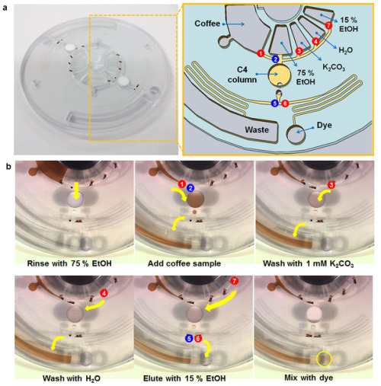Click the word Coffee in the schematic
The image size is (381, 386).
coord(207,24)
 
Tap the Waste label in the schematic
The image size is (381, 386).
coord(257,130)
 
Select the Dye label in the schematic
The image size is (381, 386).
coord(325,125)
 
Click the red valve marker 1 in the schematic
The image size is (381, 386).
coord(261,53)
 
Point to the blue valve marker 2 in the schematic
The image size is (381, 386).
coord(275,59)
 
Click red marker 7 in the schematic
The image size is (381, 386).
coord(328,25)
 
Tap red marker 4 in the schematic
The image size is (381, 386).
coord(315,41)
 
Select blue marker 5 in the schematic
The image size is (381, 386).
coord(274,104)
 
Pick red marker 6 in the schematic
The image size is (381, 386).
coord(285,104)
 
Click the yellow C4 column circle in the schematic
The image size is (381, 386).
coord(279,75)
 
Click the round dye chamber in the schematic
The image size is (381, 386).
coord(296,135)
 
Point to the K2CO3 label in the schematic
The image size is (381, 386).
coord(334,67)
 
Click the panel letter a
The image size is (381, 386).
coord(5,8)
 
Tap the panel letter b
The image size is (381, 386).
coord(8,167)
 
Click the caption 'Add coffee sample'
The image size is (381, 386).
coord(184,263)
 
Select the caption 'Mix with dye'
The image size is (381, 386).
coord(309,378)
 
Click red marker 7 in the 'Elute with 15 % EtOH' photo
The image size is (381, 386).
coord(234,281)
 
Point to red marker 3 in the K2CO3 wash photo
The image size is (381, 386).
coord(331,185)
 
